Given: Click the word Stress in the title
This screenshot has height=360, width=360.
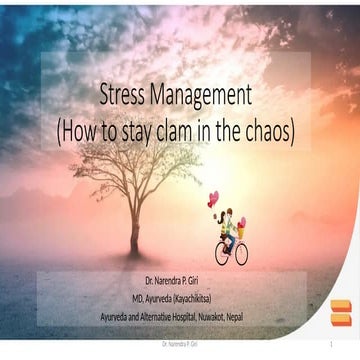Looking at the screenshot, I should [124, 96].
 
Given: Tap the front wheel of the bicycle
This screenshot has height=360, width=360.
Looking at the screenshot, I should [240, 254].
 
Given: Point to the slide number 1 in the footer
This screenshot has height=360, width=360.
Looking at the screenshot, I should [329, 345].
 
